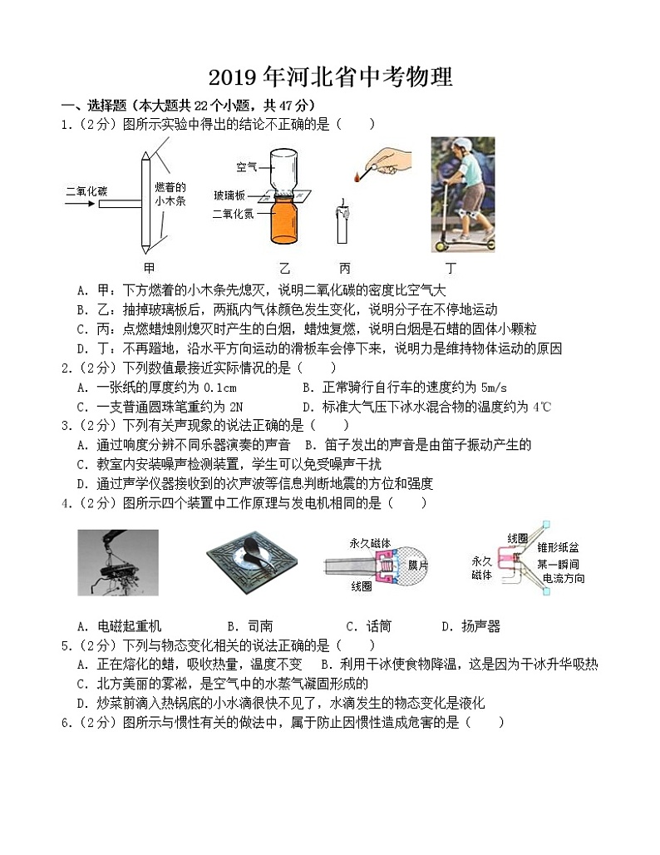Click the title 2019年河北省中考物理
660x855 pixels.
pos(330,77)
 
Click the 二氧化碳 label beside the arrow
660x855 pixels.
pos(86,190)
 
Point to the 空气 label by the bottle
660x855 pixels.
pos(247,166)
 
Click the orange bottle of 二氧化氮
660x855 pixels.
pos(285,223)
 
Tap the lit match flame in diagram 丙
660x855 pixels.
pos(357,176)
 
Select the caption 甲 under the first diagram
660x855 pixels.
pos(149,268)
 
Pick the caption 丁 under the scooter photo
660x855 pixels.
pos(451,268)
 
